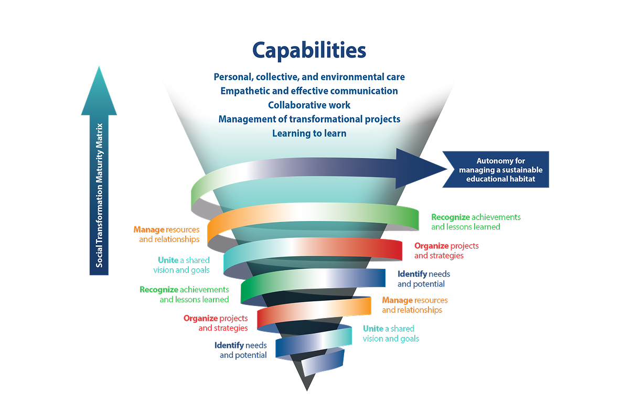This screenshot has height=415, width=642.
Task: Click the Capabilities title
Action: click(x=309, y=51)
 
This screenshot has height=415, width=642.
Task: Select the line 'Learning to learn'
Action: click(x=309, y=134)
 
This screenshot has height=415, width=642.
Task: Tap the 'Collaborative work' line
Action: click(x=309, y=105)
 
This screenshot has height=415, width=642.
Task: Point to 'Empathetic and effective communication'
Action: click(x=309, y=91)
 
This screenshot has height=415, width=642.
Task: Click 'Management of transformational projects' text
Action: click(x=309, y=119)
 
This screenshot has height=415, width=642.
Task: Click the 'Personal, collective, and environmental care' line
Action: click(x=309, y=77)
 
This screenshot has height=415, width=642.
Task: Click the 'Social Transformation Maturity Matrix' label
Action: click(x=99, y=195)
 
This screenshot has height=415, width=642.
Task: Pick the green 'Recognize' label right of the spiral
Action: click(x=476, y=222)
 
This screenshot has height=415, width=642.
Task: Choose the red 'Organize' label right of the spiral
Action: click(x=446, y=250)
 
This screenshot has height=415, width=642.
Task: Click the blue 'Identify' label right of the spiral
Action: click(x=424, y=279)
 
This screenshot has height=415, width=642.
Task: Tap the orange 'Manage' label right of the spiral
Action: click(x=415, y=305)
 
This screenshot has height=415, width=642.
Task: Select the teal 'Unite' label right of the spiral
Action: click(x=391, y=334)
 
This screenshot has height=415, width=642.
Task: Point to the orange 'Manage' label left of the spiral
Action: click(x=166, y=234)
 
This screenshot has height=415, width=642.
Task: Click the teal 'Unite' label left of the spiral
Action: click(x=181, y=265)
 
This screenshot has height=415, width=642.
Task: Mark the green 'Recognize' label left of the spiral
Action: click(x=184, y=294)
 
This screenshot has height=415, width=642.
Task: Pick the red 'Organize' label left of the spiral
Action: click(x=216, y=323)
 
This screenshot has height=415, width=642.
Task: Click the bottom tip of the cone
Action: click(x=307, y=391)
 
